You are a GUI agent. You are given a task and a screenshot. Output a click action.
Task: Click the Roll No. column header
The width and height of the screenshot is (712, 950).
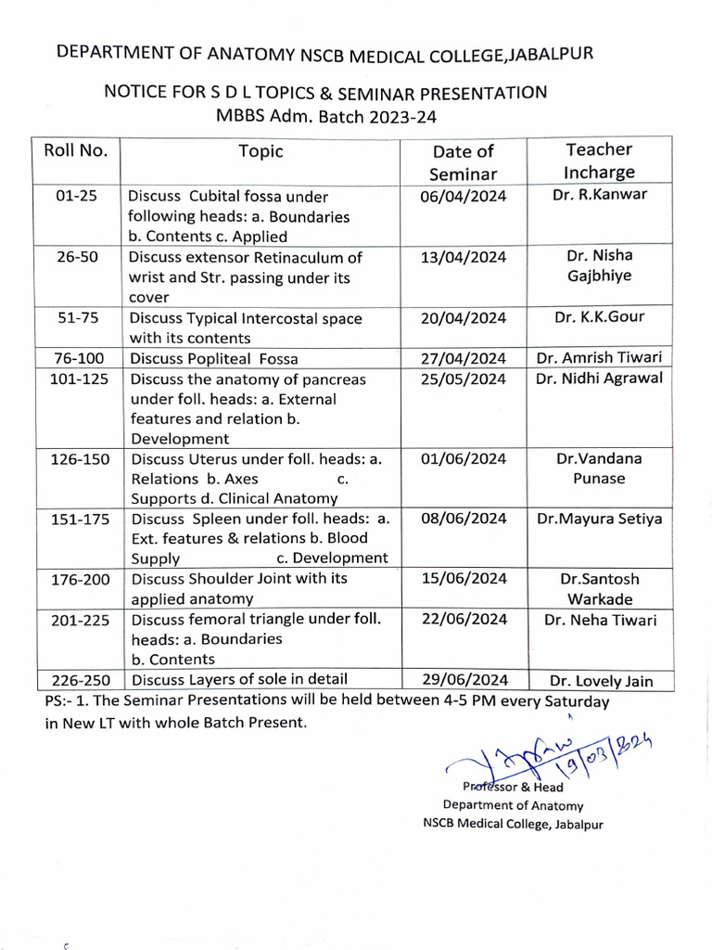pos(76,150)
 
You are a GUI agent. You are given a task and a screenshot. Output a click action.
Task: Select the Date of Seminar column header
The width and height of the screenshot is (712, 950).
pos(463,162)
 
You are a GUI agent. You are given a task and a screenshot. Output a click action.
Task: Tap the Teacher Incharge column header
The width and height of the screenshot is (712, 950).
pos(599,160)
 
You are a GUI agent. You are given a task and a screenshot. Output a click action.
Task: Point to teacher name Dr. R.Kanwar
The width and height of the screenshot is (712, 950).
pos(599,195)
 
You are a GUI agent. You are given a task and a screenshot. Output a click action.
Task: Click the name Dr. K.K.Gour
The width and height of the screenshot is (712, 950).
pos(599,317)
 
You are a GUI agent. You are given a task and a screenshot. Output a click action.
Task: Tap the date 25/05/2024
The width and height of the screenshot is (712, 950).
pos(463,379)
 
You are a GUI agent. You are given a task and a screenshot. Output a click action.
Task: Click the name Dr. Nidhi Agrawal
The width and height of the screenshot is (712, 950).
pos(599,379)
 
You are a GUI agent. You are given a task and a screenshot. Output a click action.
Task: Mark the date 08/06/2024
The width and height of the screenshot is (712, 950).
pos(463,520)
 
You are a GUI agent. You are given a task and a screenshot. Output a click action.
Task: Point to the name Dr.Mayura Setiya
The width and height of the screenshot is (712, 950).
pos(599,520)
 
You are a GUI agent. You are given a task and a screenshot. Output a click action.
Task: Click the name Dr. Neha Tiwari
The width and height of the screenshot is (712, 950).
pos(599,620)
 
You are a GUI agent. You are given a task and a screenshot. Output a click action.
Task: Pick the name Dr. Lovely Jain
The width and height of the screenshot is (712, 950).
pos(600,682)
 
